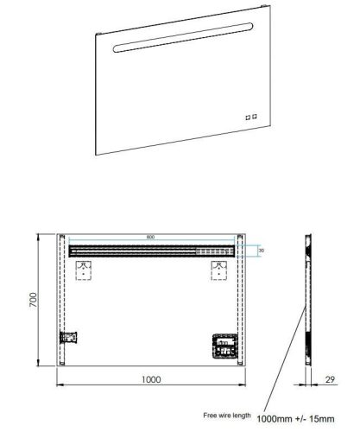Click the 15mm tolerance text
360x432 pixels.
pos(320,418)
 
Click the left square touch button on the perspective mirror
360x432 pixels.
pos(247,117)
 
